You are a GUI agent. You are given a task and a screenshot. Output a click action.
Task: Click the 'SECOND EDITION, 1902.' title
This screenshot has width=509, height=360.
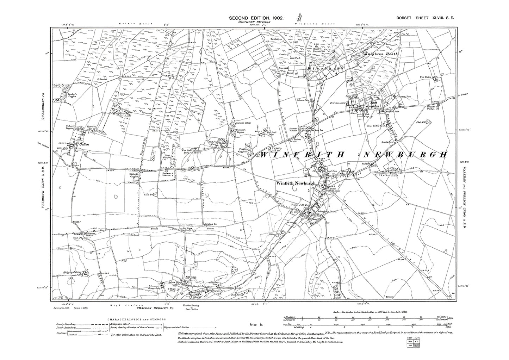tap(256, 18)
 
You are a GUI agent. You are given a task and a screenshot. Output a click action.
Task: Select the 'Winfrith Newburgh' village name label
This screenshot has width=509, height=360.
tap(293, 183)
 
